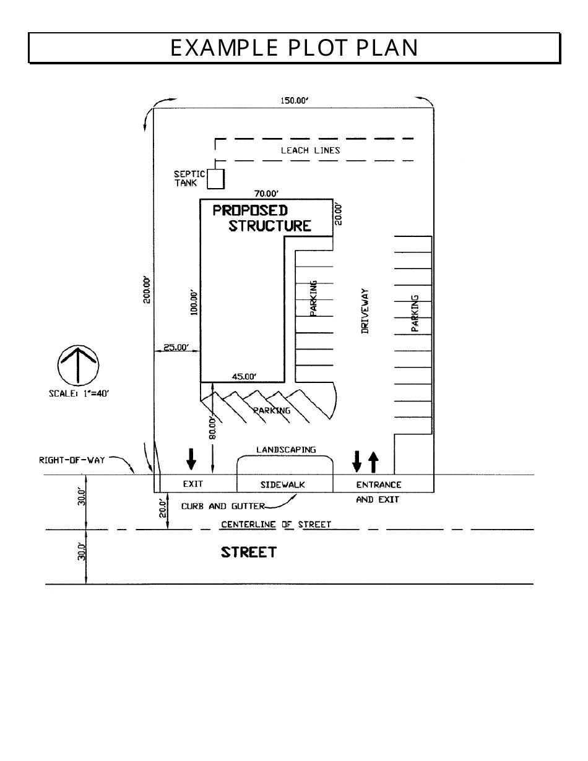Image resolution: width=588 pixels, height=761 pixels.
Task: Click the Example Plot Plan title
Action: coord(294,48)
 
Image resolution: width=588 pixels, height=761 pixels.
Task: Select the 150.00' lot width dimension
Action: coord(295,102)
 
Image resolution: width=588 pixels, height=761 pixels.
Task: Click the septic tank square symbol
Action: coord(215,178)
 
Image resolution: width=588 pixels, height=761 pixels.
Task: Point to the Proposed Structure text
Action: coord(261,218)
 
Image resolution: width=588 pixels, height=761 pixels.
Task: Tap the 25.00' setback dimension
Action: coord(176,347)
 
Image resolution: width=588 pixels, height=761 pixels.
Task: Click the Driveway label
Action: coord(365,311)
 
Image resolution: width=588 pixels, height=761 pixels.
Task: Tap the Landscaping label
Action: coord(286,450)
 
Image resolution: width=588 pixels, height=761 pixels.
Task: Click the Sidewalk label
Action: coord(282,484)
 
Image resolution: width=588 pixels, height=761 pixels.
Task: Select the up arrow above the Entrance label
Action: coord(373,460)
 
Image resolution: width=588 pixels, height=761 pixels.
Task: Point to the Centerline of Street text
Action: coord(276,525)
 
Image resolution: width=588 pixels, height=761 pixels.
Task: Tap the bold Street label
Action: coord(248,552)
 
